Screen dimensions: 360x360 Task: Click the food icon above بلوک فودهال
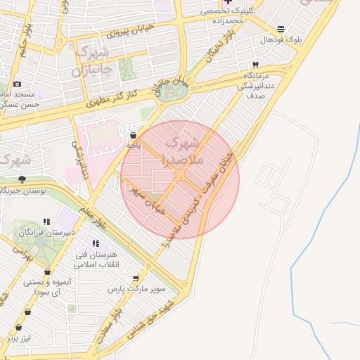tap(281, 29)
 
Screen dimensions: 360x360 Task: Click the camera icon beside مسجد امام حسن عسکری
tap(18, 84)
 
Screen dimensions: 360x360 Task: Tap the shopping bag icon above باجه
tap(134, 134)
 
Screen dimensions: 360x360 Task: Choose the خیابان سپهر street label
tap(146, 200)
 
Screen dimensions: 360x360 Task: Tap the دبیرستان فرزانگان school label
tap(46, 231)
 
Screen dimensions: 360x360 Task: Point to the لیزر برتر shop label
tap(18, 338)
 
